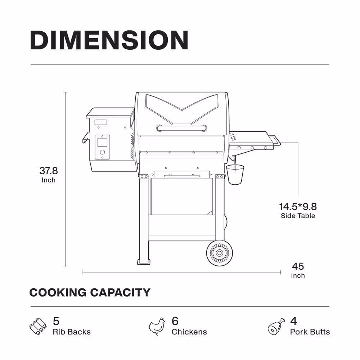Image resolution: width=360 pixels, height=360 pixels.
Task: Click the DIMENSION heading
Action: pyautogui.click(x=109, y=40)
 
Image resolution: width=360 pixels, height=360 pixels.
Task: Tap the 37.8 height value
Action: pyautogui.click(x=49, y=171)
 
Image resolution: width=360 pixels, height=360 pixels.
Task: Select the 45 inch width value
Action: pyautogui.click(x=298, y=266)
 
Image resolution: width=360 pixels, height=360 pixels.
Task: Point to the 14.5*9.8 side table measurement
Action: pyautogui.click(x=298, y=207)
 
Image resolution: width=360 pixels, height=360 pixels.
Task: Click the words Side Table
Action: pyautogui.click(x=298, y=216)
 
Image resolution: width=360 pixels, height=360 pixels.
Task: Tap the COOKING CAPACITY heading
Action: pyautogui.click(x=90, y=292)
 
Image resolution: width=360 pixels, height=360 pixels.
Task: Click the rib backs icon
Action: pyautogui.click(x=38, y=326)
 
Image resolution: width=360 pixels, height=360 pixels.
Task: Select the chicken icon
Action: pyautogui.click(x=157, y=326)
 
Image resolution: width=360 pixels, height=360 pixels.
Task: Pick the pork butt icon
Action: pyautogui.click(x=276, y=326)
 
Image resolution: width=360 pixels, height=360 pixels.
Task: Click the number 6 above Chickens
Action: pyautogui.click(x=175, y=321)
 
